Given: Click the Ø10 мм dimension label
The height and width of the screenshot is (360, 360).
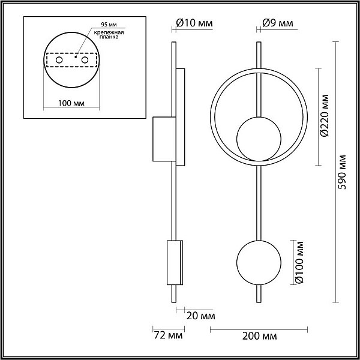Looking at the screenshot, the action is [x=194, y=23].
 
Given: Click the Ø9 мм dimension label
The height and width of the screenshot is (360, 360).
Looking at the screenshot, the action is [x=278, y=23].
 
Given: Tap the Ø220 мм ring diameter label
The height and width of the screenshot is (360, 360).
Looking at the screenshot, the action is [x=325, y=116].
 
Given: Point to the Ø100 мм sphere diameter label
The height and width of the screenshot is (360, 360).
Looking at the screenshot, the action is [x=299, y=262].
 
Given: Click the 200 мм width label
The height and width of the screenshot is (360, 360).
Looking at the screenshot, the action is [x=259, y=337].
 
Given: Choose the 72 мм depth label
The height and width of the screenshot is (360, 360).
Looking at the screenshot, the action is [x=168, y=335].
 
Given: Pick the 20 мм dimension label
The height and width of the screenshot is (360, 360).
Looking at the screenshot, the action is [x=200, y=316].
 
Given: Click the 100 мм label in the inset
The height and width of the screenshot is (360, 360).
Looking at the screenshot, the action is [x=71, y=104].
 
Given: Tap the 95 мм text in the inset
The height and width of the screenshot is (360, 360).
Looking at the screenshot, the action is [x=109, y=25].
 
